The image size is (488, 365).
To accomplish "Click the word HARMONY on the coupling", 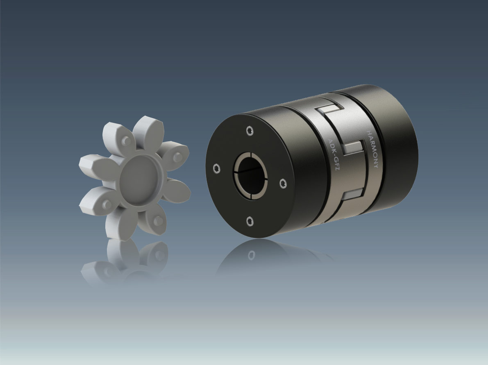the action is (372, 149).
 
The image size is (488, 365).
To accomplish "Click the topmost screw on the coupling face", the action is (250, 131).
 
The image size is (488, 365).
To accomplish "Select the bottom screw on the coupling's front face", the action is (250, 221).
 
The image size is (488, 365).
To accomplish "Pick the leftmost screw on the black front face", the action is (217, 169).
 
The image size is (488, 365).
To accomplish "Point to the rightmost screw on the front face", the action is (283, 183).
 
